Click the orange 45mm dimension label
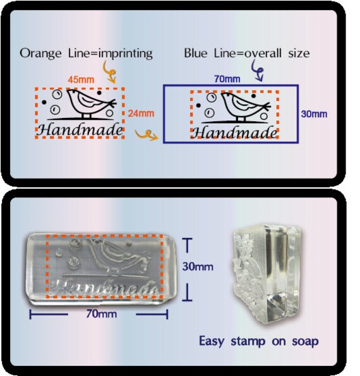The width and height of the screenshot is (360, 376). click(x=81, y=79)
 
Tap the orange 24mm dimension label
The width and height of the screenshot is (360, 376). click(x=141, y=114)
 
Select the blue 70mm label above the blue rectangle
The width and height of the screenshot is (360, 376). click(x=227, y=79)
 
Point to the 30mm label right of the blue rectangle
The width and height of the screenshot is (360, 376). click(x=314, y=114)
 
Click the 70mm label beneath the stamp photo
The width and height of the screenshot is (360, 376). click(x=102, y=314)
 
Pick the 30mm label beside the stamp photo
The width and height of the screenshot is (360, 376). click(x=198, y=267)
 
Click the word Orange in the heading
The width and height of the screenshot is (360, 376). click(x=40, y=54)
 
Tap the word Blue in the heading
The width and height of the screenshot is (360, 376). click(x=196, y=53)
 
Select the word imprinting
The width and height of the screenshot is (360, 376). click(x=126, y=54)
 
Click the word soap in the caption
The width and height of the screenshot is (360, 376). click(x=305, y=341)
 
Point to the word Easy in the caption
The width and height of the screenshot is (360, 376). click(x=212, y=341)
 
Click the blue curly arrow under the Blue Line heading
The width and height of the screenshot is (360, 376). click(x=258, y=71)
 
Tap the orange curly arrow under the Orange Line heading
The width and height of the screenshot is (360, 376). click(x=109, y=72)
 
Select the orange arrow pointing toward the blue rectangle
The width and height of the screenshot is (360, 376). click(x=147, y=135)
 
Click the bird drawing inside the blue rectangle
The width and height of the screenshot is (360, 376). click(x=245, y=106)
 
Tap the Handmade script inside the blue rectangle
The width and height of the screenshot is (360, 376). click(x=234, y=133)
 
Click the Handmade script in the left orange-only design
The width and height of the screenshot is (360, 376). click(x=80, y=130)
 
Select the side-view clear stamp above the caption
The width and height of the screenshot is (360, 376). click(x=266, y=274)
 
